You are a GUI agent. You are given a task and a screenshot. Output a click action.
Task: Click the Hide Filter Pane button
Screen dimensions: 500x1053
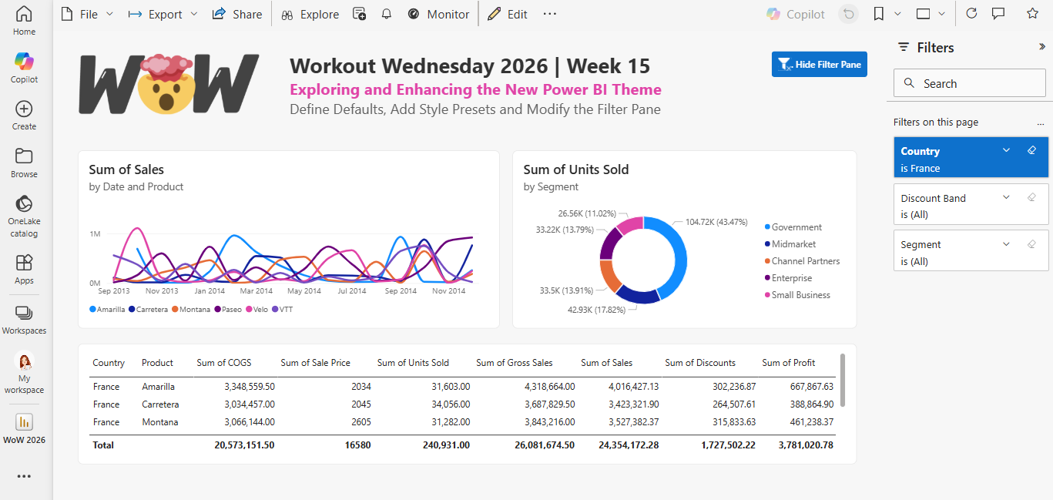point(819,65)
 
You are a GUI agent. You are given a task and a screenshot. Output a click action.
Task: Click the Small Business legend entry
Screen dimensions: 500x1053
point(800,295)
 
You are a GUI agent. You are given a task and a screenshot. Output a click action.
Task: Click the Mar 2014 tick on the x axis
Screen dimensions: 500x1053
point(257,291)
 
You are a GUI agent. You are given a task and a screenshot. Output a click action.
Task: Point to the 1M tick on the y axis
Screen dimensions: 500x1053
point(95,234)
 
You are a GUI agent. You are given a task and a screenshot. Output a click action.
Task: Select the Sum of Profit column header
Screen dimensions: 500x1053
point(788,363)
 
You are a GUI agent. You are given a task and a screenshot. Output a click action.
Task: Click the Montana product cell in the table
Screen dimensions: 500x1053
point(159,422)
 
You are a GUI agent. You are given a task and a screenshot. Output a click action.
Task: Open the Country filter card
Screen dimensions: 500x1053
point(971,159)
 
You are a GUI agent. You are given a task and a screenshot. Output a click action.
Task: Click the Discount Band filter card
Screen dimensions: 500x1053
point(971,205)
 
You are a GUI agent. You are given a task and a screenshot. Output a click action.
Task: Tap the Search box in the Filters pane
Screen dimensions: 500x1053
point(971,83)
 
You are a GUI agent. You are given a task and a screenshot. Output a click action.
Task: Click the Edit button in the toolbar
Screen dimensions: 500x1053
point(508,14)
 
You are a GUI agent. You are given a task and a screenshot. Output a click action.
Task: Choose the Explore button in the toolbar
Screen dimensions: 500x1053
point(310,14)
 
